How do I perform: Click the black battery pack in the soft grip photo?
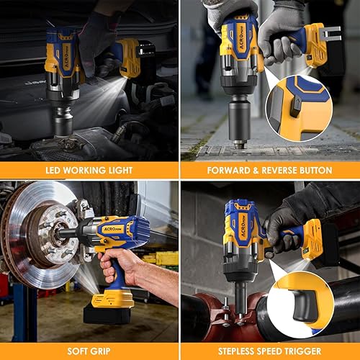(108, 312)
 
